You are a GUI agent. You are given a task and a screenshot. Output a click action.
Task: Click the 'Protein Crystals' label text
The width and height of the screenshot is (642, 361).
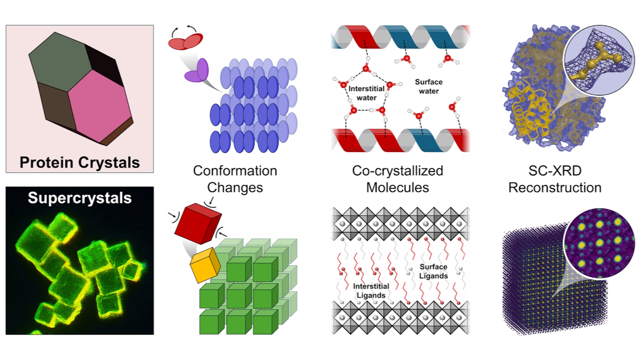click(80, 162)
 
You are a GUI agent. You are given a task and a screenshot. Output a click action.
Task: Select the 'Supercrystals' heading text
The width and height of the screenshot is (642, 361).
click(80, 198)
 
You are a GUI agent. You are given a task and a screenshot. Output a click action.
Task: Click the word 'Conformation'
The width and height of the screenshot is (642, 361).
click(235, 171)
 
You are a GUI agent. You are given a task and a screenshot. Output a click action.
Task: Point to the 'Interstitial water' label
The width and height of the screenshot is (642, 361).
click(367, 93)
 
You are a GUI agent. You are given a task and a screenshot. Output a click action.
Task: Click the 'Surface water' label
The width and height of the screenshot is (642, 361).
click(428, 86)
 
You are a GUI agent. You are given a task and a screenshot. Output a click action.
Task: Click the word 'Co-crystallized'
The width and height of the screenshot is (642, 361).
click(397, 171)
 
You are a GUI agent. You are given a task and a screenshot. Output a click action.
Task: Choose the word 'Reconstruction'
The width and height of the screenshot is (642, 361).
click(554, 188)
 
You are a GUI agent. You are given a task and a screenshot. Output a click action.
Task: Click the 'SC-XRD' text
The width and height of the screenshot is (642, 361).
click(554, 171)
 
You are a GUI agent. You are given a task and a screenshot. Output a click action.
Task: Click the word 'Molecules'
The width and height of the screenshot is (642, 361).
click(397, 188)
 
